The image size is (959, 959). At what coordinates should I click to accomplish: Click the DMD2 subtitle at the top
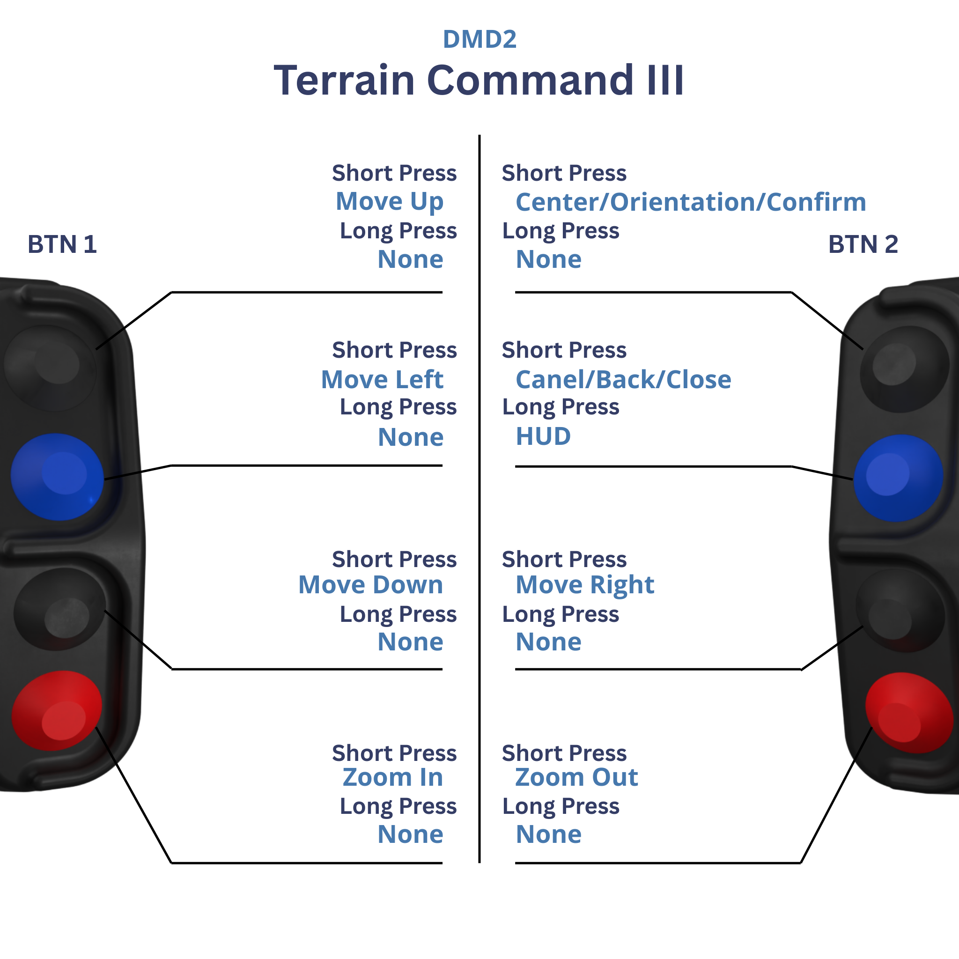click(479, 39)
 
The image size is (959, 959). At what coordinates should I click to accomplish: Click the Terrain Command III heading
click(479, 81)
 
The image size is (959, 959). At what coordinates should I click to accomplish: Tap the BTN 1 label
click(62, 244)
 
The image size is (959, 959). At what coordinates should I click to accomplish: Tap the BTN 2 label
click(863, 244)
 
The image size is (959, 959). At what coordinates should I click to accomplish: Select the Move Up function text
click(389, 201)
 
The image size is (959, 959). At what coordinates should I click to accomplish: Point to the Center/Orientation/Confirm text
click(691, 202)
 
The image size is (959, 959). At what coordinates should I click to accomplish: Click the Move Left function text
click(382, 380)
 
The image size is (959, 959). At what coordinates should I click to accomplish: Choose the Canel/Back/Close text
click(623, 380)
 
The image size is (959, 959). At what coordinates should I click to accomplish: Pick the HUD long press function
click(543, 436)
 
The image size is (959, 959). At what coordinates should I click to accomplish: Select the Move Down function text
click(370, 585)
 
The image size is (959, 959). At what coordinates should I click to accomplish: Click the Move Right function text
click(585, 585)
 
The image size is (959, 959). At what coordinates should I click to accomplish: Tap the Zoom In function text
click(392, 777)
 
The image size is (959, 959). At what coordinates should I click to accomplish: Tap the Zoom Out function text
click(576, 777)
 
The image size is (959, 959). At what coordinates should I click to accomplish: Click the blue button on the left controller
click(57, 477)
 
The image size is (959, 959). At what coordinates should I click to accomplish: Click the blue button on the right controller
click(898, 478)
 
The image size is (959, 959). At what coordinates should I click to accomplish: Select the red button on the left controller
click(57, 710)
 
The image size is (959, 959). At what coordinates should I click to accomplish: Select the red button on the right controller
click(908, 712)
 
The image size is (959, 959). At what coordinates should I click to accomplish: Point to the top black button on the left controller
click(50, 367)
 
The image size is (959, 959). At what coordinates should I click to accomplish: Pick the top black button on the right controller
click(904, 369)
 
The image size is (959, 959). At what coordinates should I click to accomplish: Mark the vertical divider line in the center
click(479, 496)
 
